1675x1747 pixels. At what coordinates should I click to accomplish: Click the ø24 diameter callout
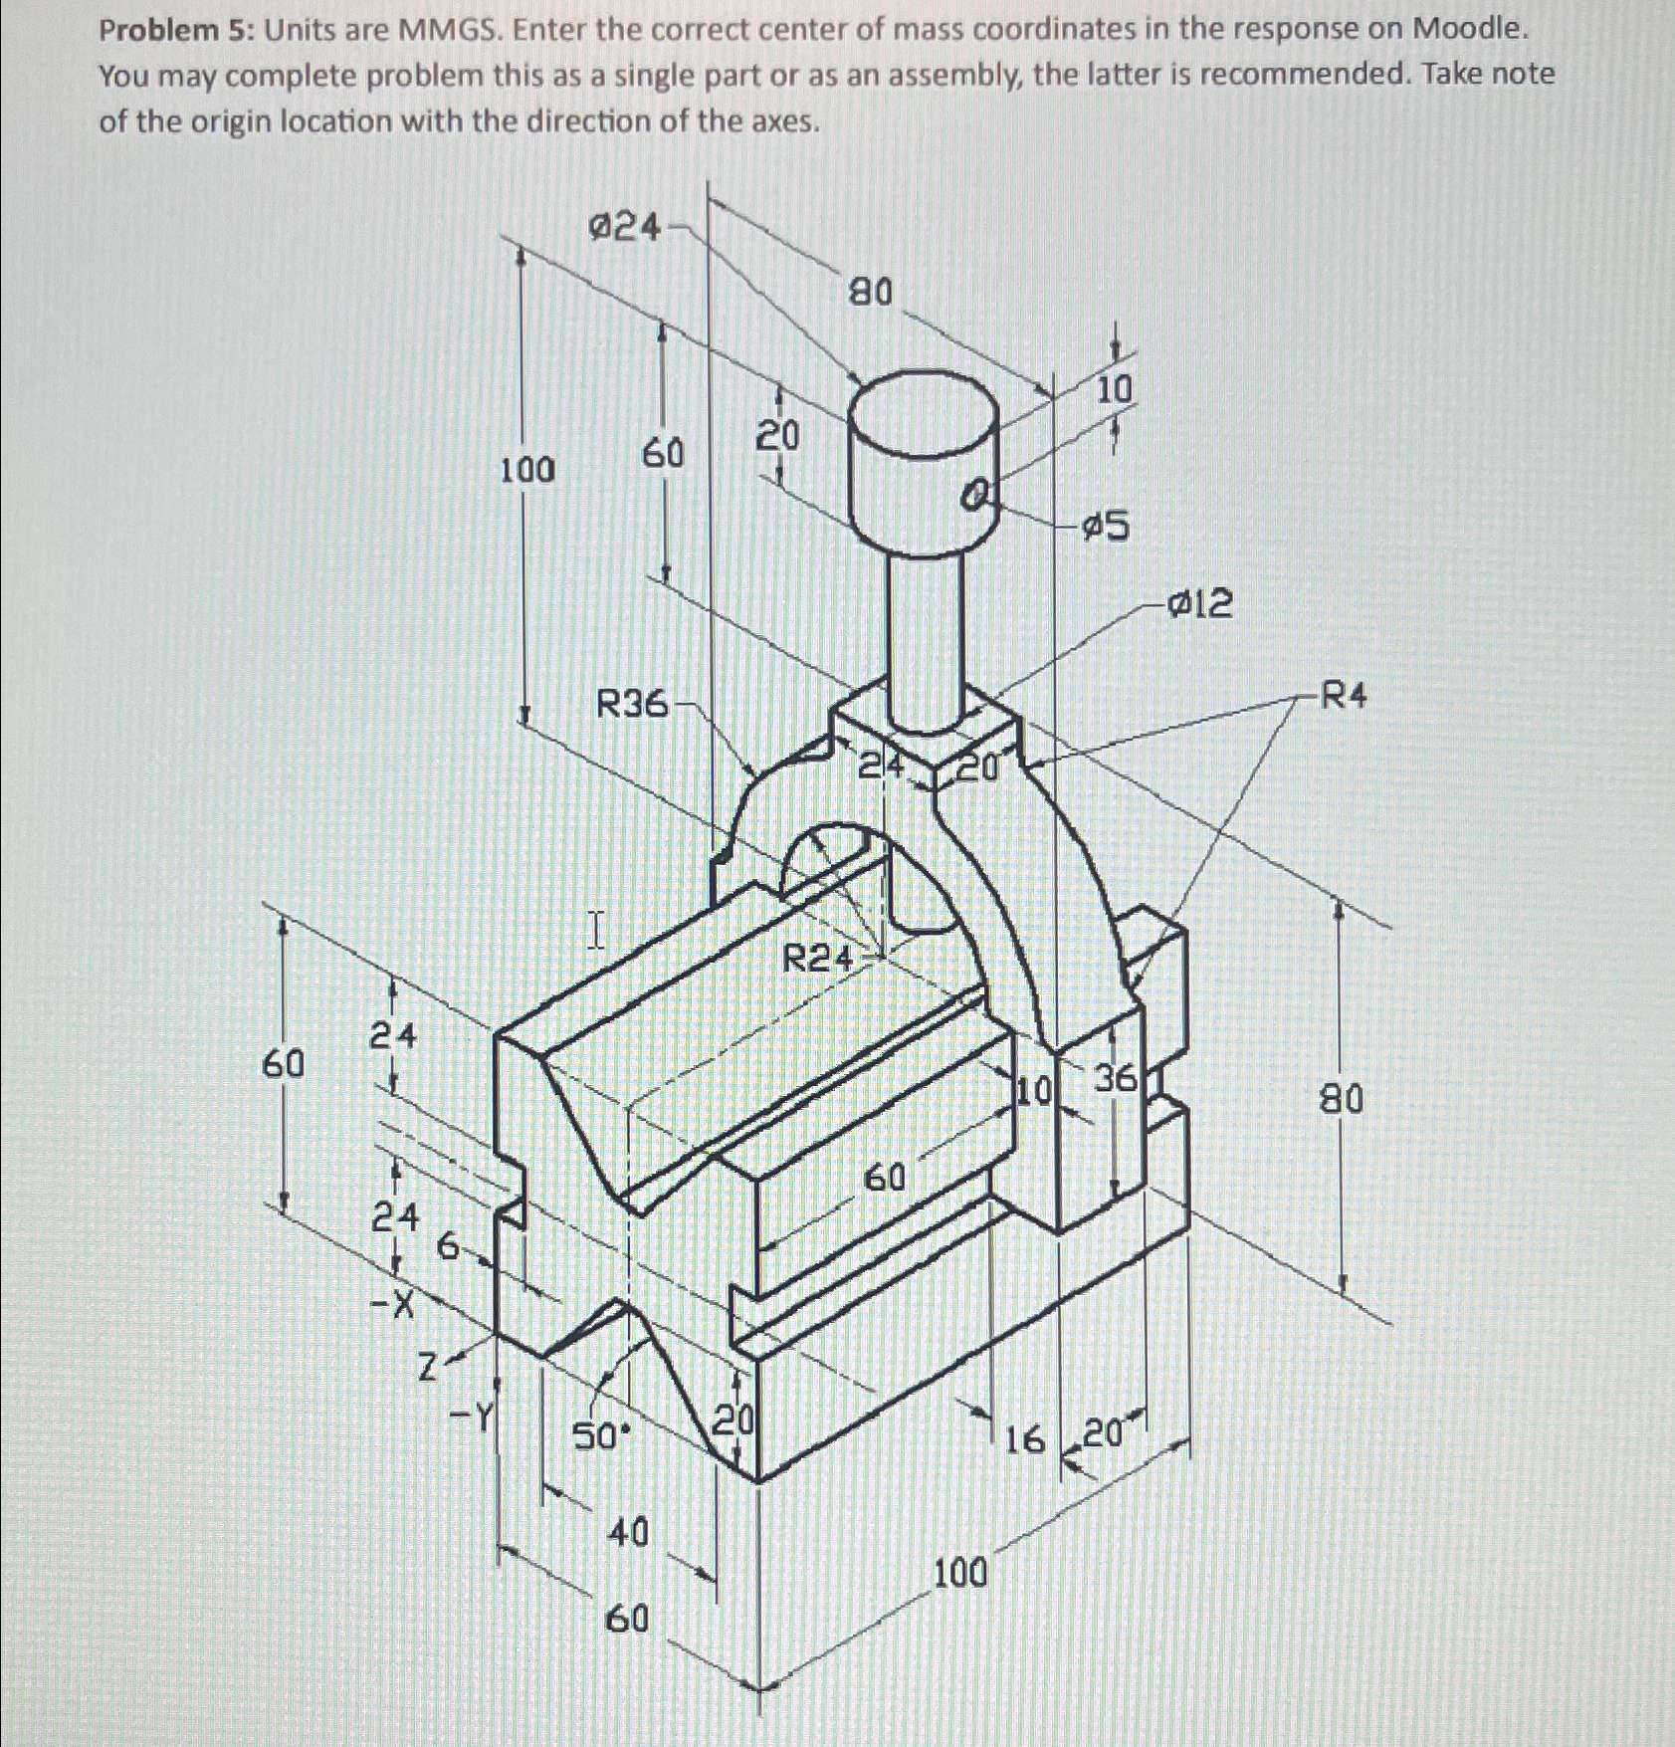tap(624, 228)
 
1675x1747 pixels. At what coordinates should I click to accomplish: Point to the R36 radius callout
tap(632, 705)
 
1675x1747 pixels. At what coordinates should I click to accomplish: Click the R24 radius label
tap(818, 960)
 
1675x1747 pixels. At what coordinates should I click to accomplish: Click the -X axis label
tap(393, 1304)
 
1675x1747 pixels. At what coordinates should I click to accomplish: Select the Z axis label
tap(427, 1371)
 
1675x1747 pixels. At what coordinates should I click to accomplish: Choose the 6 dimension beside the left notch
tap(449, 1246)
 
